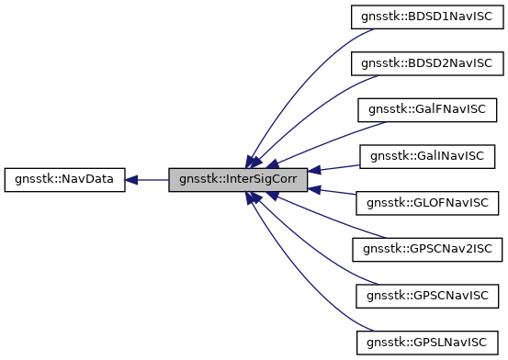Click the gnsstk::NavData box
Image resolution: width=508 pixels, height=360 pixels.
(64, 179)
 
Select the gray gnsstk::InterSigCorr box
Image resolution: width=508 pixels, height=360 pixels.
(239, 179)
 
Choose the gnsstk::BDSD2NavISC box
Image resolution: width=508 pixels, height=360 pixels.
(427, 62)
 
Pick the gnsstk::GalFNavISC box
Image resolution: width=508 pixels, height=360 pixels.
(427, 109)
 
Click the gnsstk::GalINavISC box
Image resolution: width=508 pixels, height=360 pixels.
(427, 155)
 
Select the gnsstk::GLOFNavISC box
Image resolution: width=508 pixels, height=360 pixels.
(427, 202)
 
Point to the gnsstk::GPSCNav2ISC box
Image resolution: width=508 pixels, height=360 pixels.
(427, 249)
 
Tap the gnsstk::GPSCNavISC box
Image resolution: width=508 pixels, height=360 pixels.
(427, 296)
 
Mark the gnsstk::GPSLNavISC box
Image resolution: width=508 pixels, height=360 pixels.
(427, 343)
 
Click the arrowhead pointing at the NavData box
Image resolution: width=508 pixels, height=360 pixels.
(132, 179)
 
